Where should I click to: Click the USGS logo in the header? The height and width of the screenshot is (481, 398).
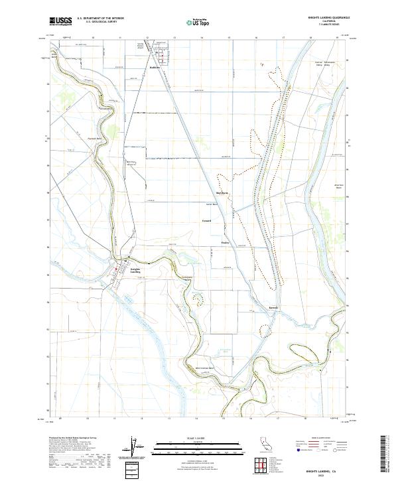pyautogui.click(x=61, y=21)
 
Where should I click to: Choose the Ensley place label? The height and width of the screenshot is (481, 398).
pyautogui.click(x=225, y=243)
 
